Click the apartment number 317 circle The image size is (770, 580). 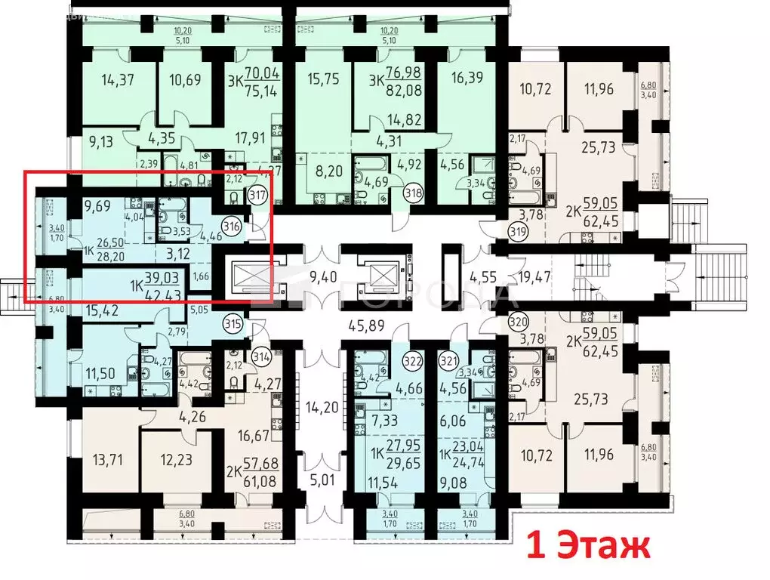(x=259, y=194)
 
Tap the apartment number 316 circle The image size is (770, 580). (x=233, y=224)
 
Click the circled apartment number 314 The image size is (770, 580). (x=261, y=356)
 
